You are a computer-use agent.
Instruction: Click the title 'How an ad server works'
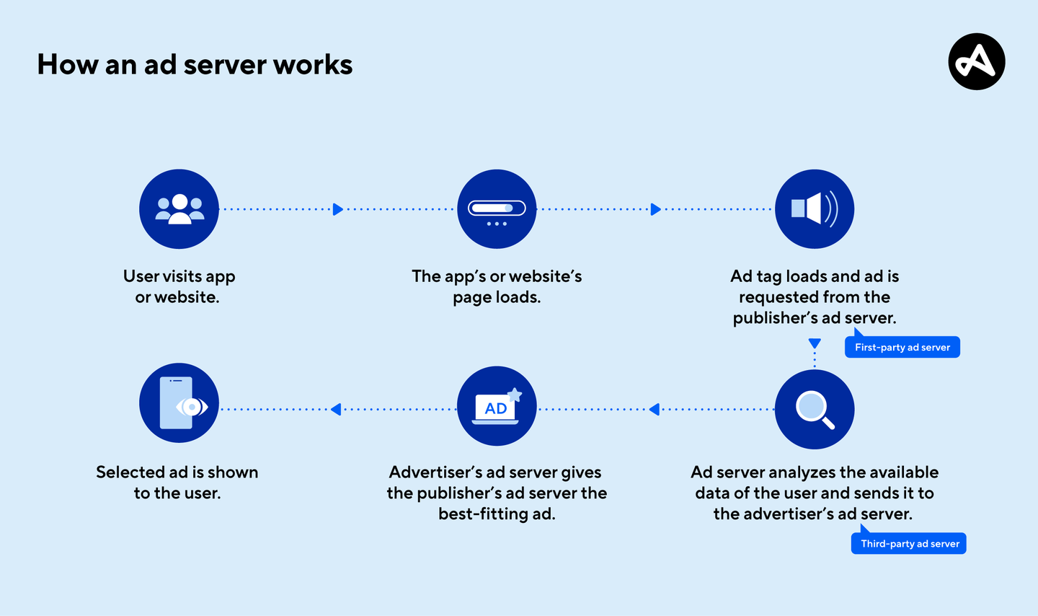pos(195,65)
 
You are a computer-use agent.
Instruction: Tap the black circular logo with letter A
pos(976,61)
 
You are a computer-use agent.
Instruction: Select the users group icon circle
pos(179,209)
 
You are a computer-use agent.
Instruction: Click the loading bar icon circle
pos(497,209)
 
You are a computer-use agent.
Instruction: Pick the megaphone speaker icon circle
pos(815,209)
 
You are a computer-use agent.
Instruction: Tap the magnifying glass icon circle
pos(815,409)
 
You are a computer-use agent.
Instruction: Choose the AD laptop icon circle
pos(497,405)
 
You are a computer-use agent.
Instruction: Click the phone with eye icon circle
pos(179,402)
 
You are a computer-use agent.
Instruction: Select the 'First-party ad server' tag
pos(902,347)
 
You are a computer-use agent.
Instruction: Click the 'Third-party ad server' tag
pos(909,543)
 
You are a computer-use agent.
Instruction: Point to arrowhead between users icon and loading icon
pos(337,209)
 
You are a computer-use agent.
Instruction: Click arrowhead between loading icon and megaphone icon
pos(655,209)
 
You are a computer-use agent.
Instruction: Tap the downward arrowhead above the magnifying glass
pos(815,343)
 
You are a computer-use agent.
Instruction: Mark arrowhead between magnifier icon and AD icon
pos(655,409)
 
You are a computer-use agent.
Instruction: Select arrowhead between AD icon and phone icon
pos(336,409)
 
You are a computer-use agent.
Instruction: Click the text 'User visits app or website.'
pos(179,286)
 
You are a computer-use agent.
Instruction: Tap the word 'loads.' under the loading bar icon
pos(518,297)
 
